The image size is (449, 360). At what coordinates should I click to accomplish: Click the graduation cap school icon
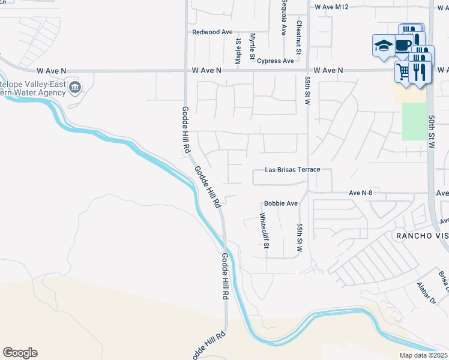pyautogui.click(x=383, y=46)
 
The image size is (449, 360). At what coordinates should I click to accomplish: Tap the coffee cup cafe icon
pyautogui.click(x=403, y=45)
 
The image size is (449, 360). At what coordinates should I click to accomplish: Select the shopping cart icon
pyautogui.click(x=403, y=72)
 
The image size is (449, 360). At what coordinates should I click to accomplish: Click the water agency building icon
pyautogui.click(x=74, y=89)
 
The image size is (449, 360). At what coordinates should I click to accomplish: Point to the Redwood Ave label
pyautogui.click(x=212, y=32)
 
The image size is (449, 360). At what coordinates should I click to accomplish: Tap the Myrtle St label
pyautogui.click(x=253, y=46)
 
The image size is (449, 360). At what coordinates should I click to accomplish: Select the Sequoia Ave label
pyautogui.click(x=283, y=17)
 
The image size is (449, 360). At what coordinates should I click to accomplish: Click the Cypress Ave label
pyautogui.click(x=275, y=61)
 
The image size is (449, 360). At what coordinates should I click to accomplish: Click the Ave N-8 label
pyautogui.click(x=361, y=193)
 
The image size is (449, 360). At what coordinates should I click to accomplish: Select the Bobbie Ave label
pyautogui.click(x=281, y=203)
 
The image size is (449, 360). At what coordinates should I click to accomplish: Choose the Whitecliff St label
pyautogui.click(x=264, y=230)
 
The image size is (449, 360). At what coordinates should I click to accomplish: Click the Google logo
pyautogui.click(x=20, y=353)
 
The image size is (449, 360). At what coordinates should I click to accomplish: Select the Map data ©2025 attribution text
pyautogui.click(x=424, y=355)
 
